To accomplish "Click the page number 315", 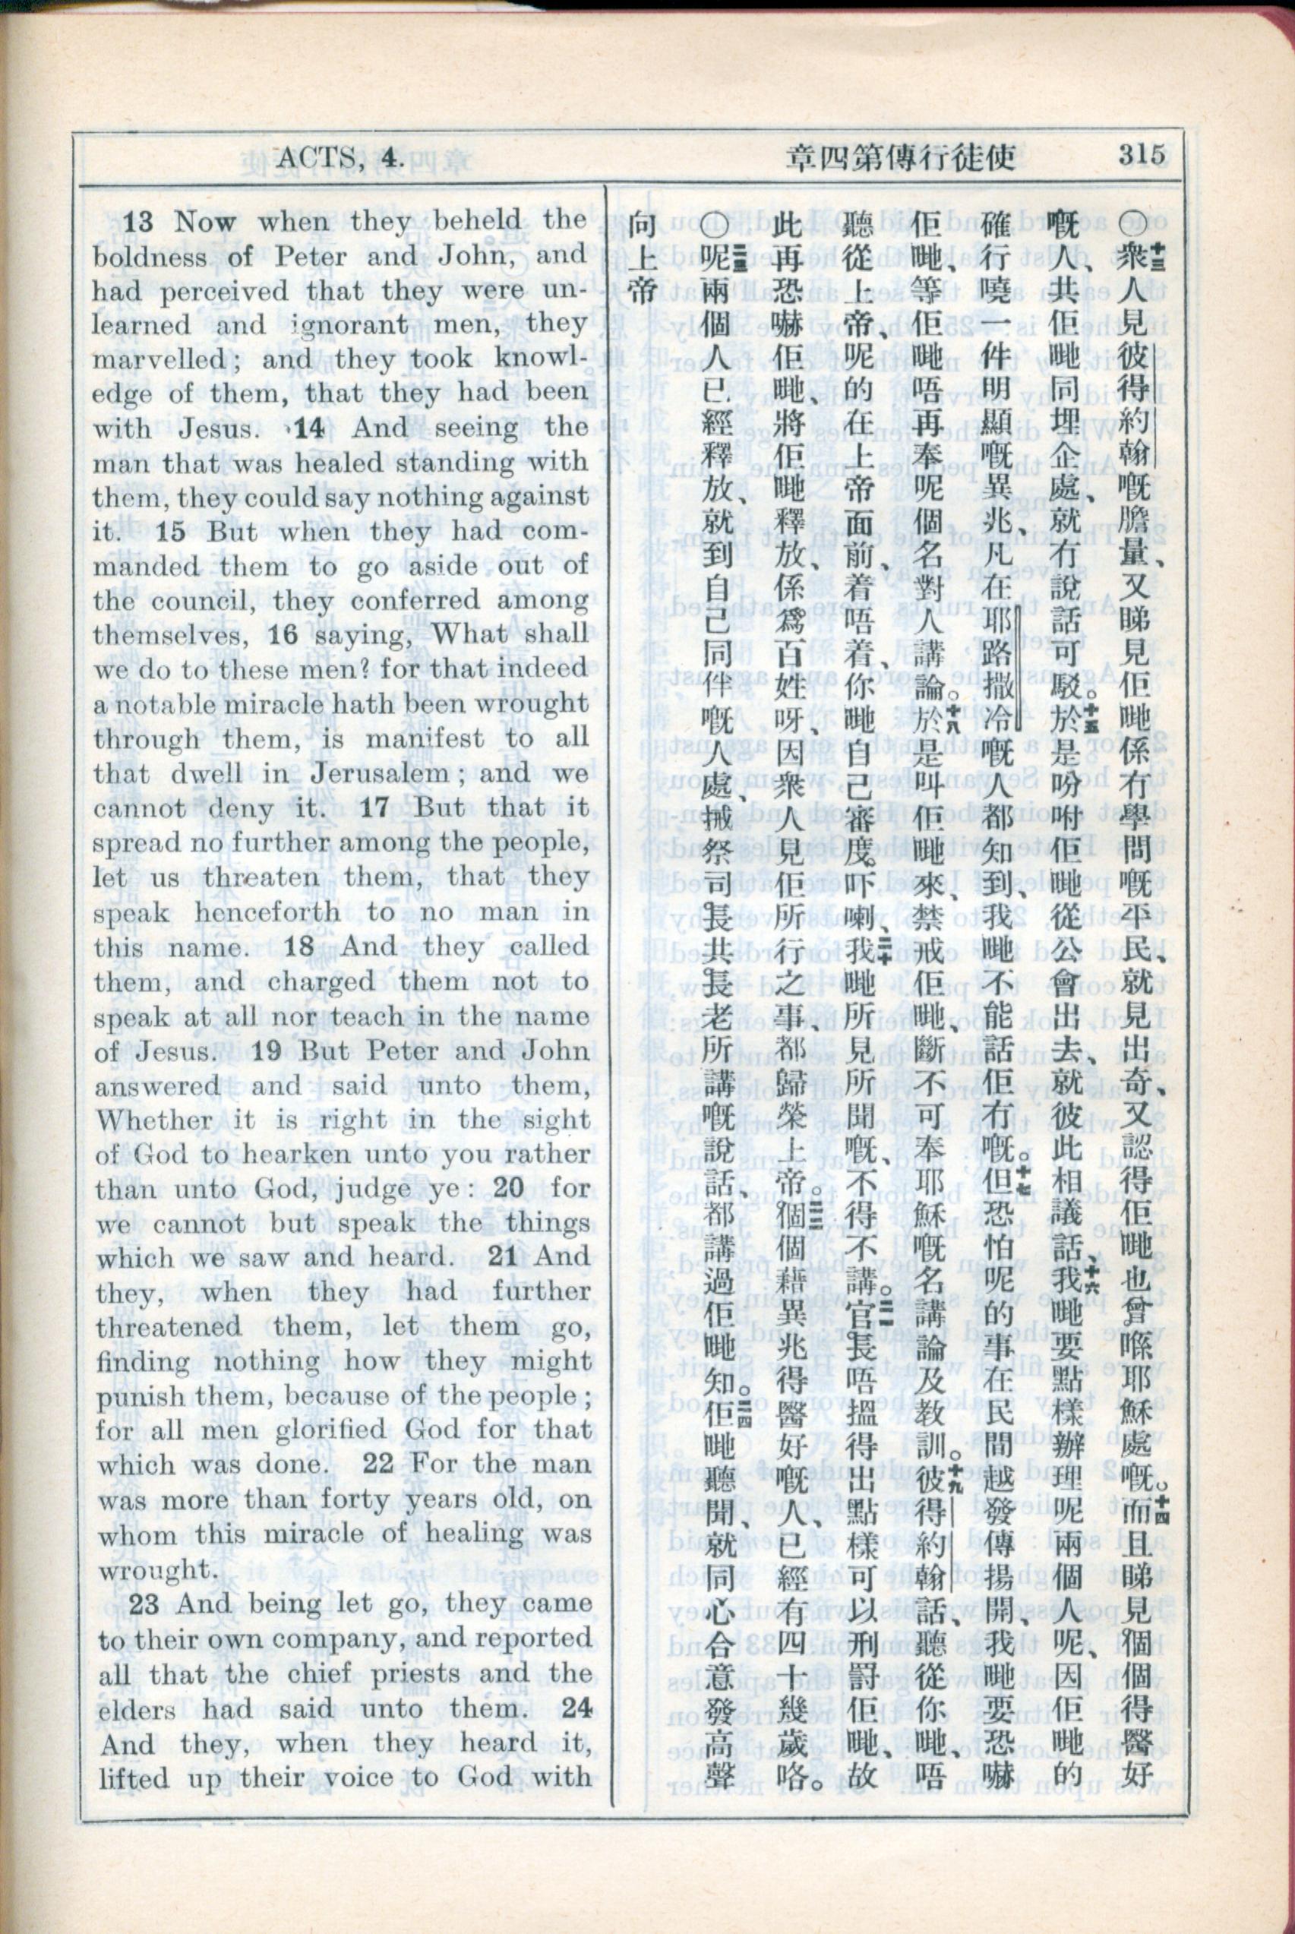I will pos(1142,154).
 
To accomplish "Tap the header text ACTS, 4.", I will pos(340,156).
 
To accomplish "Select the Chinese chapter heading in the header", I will pos(901,156).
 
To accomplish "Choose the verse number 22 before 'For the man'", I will pos(378,1464).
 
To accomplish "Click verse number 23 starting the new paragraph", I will pos(143,1604).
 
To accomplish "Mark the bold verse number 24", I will pos(576,1708).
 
